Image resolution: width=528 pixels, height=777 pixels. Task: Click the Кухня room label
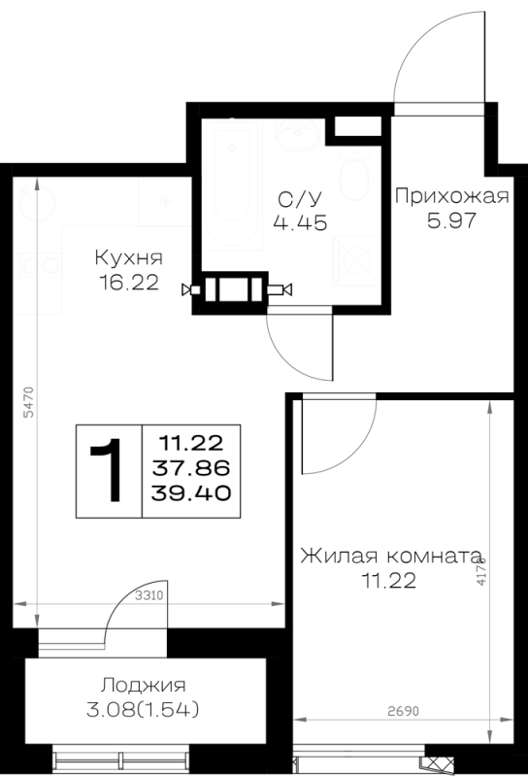coord(128,258)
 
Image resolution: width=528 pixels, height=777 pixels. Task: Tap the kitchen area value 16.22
coord(129,283)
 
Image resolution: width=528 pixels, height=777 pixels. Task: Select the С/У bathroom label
coord(300,199)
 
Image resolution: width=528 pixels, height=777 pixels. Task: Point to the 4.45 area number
coord(300,223)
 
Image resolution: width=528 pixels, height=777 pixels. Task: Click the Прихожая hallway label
coord(451,196)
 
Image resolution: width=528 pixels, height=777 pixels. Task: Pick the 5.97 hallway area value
coord(451,220)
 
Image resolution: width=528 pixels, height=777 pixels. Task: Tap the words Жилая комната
coord(391,556)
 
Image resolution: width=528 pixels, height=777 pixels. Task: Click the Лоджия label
coord(143,686)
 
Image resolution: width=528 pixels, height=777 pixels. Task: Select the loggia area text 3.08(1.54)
coord(143,710)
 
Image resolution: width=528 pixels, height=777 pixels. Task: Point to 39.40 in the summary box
coord(190,493)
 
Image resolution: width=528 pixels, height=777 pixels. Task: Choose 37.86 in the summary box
coord(190,468)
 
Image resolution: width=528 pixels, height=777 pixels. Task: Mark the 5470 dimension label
coord(29,402)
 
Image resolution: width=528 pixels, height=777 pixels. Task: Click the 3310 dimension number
coord(149,595)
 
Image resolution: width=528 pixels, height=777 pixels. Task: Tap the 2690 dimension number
coord(403,712)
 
